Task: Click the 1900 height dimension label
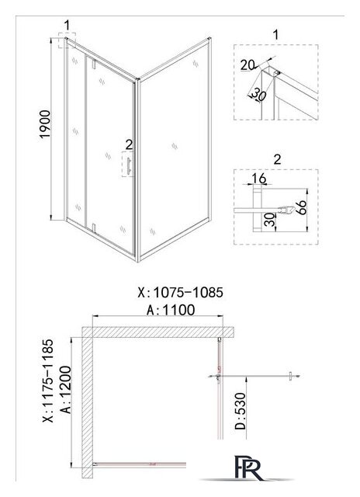[x=45, y=124]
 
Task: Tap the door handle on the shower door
[x=128, y=165]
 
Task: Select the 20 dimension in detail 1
[x=247, y=65]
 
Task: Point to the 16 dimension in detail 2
[x=259, y=179]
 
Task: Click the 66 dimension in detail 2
[x=302, y=207]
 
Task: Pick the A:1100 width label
[x=171, y=310]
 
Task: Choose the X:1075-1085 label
[x=181, y=293]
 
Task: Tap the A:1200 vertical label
[x=66, y=390]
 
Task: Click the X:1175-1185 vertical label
[x=48, y=381]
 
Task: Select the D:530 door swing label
[x=241, y=411]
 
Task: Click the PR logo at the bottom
[x=249, y=467]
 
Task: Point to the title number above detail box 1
[x=275, y=34]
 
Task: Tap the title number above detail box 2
[x=277, y=159]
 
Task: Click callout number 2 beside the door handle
[x=129, y=144]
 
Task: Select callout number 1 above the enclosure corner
[x=67, y=25]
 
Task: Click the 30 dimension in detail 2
[x=269, y=220]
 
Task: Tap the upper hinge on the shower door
[x=93, y=64]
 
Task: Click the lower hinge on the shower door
[x=93, y=228]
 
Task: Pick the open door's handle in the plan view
[x=291, y=376]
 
